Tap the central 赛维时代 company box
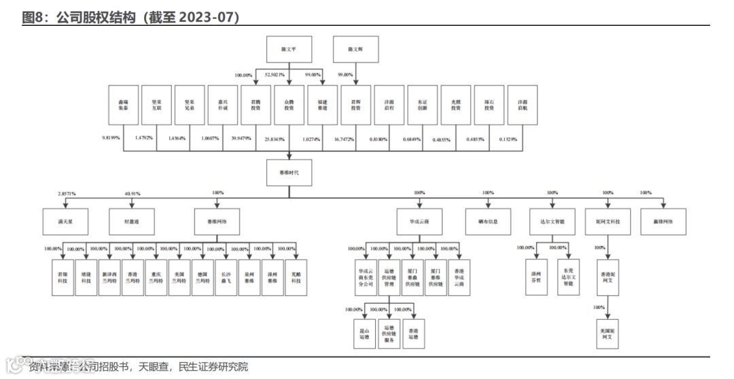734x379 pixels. (289, 173)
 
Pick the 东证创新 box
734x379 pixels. (423, 105)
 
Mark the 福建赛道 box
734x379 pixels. (322, 105)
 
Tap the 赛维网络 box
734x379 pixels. (217, 222)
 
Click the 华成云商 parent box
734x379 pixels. (419, 222)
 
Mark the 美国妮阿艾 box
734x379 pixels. (608, 333)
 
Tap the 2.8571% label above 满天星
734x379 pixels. (66, 194)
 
